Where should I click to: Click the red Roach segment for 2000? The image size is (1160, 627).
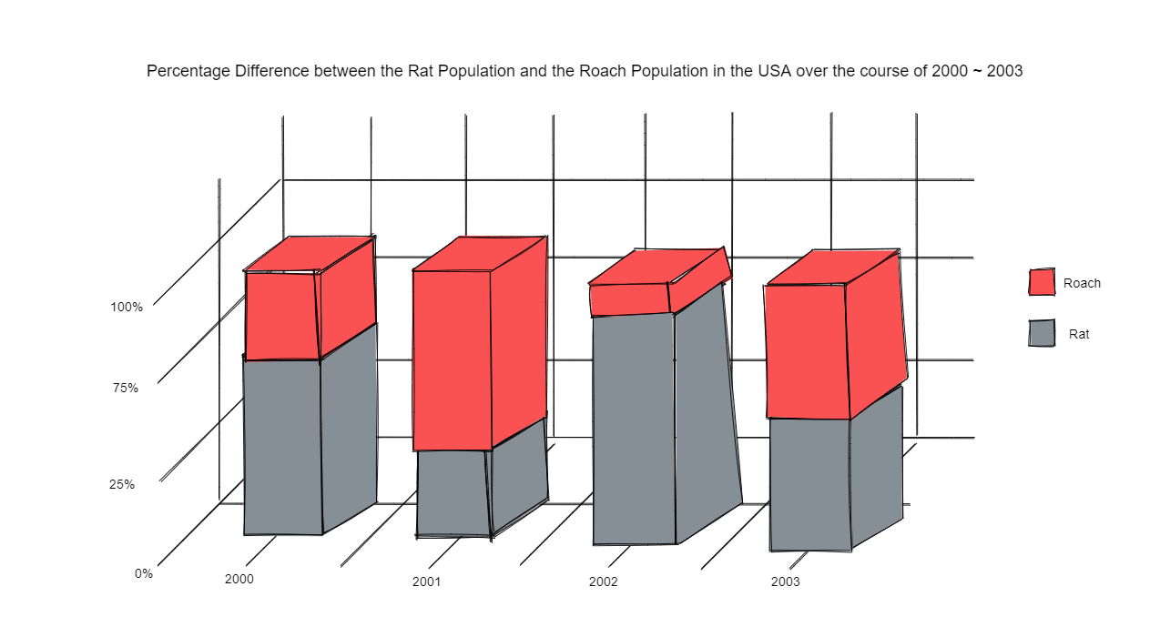click(282, 315)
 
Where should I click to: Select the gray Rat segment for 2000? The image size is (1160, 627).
click(282, 446)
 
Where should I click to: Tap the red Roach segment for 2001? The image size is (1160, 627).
click(453, 359)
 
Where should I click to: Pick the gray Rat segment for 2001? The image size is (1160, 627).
click(453, 492)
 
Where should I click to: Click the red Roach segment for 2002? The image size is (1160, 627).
click(630, 299)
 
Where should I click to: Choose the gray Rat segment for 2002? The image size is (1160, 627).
click(634, 428)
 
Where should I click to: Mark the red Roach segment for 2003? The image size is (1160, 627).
click(807, 350)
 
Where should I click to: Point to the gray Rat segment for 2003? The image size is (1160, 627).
click(809, 483)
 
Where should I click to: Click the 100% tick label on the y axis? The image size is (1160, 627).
click(127, 308)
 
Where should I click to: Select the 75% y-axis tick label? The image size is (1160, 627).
click(126, 389)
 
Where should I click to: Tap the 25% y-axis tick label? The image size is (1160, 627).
click(122, 485)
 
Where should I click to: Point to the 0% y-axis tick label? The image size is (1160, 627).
click(144, 574)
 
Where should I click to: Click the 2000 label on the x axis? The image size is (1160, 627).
click(239, 580)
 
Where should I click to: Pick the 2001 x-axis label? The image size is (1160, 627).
click(426, 581)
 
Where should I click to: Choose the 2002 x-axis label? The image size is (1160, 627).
click(603, 581)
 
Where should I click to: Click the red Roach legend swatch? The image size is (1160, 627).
click(1042, 282)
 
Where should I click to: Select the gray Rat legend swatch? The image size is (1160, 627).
click(1042, 333)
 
